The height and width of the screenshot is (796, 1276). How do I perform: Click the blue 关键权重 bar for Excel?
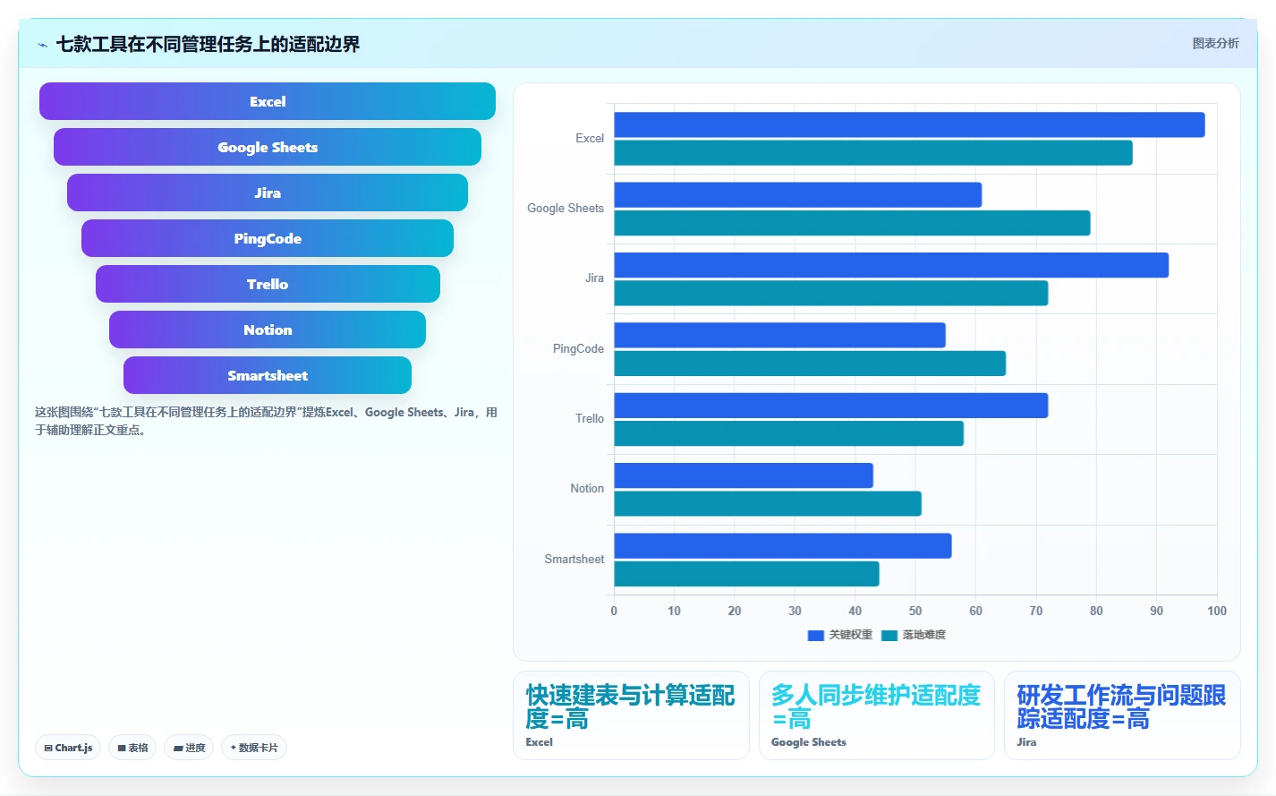pos(909,124)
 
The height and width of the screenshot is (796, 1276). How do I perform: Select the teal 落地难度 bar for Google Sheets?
pos(852,223)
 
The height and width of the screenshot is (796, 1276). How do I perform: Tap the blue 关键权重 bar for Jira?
pos(891,265)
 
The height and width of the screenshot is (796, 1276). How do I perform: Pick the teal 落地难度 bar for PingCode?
pos(810,364)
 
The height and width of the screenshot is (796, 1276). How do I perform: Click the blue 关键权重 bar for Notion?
pos(744,475)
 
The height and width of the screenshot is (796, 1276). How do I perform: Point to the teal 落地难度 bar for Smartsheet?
pos(746,574)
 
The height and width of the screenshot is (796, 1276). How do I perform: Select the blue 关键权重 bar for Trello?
pos(831,406)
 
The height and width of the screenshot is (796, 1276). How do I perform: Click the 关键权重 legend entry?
pos(839,635)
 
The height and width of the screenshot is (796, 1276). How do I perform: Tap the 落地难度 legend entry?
pos(913,635)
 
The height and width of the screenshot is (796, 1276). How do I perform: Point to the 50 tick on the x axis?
pos(915,611)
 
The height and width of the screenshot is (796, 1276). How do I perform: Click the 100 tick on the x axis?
pos(1217,611)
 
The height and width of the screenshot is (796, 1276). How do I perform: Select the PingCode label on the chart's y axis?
pos(578,348)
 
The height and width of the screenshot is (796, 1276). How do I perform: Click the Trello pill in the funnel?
pos(268,284)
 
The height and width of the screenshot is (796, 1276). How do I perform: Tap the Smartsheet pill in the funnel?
pos(268,375)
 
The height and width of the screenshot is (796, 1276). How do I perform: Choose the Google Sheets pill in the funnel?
pos(268,147)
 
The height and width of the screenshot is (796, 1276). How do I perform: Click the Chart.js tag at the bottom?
pos(68,748)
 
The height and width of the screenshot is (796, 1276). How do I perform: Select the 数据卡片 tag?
pos(254,748)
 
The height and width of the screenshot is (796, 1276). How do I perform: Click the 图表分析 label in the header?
pos(1216,43)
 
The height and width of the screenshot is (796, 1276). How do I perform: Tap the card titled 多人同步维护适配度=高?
pos(877,715)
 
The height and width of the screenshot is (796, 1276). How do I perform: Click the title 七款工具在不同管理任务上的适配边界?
pos(208,44)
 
